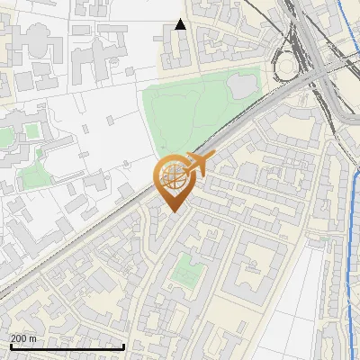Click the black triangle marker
point(180,24)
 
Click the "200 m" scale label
point(23,338)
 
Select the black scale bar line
point(67,346)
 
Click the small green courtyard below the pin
point(187,269)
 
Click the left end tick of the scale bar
point(10,346)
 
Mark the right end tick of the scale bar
point(123,346)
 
